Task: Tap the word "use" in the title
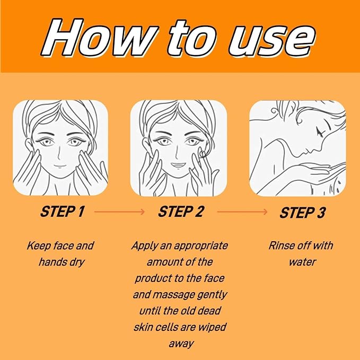(x=271, y=40)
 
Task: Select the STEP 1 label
(x=62, y=212)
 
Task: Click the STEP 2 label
(x=181, y=212)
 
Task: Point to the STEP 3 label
(x=302, y=213)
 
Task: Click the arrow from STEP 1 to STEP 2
(x=119, y=212)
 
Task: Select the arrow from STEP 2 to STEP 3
(x=242, y=212)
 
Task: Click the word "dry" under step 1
(x=77, y=262)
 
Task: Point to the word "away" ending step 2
(x=181, y=344)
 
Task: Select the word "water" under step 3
(x=302, y=262)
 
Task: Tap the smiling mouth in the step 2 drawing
(x=179, y=165)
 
